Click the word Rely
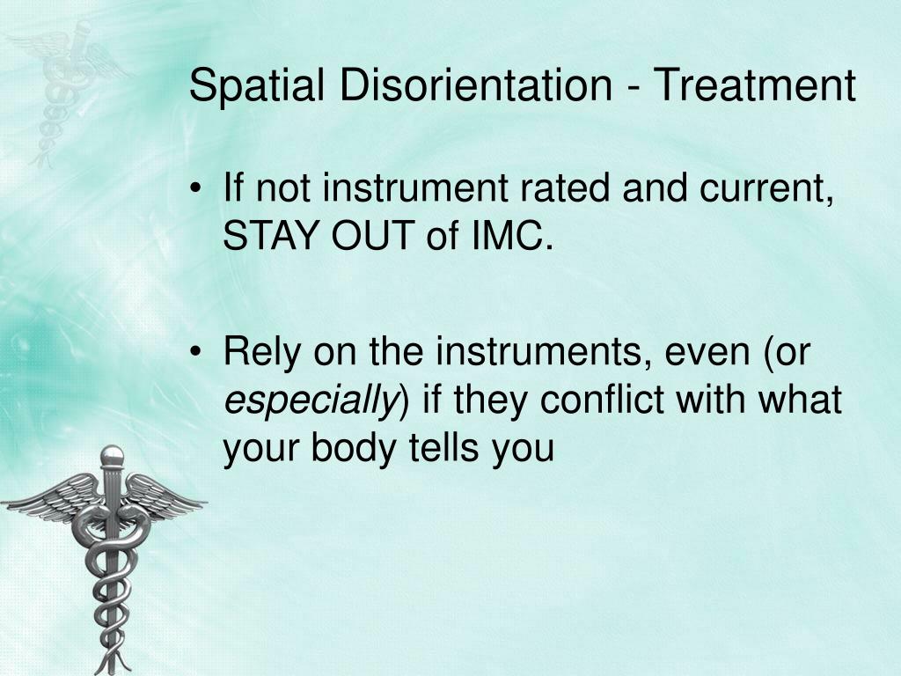click(x=262, y=352)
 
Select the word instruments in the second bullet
click(x=538, y=351)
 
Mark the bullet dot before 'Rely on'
click(x=197, y=352)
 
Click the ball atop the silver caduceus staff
click(x=112, y=456)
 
